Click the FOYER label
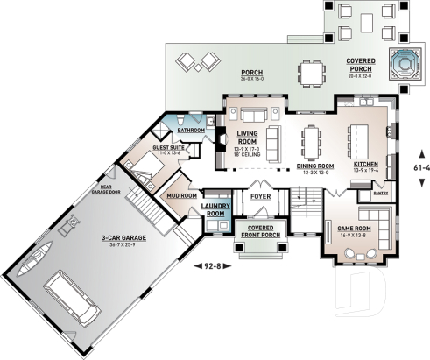click(x=260, y=197)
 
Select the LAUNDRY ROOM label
click(x=215, y=210)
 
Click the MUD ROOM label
click(x=181, y=196)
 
